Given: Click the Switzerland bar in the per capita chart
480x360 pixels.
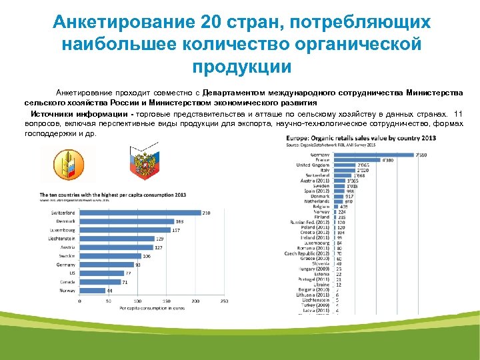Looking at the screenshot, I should click(140, 213).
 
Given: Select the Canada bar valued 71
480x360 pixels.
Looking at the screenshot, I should click(100, 282).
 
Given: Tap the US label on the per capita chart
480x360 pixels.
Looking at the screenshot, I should click(72, 273).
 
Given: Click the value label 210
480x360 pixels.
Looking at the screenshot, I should click(207, 213).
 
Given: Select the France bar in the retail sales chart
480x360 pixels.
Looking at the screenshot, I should click(356, 159).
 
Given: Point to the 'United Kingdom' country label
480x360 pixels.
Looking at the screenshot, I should click(313, 165).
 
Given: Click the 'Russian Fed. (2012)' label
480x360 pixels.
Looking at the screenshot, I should click(310, 221).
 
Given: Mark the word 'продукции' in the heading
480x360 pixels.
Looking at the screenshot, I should click(242, 67).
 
